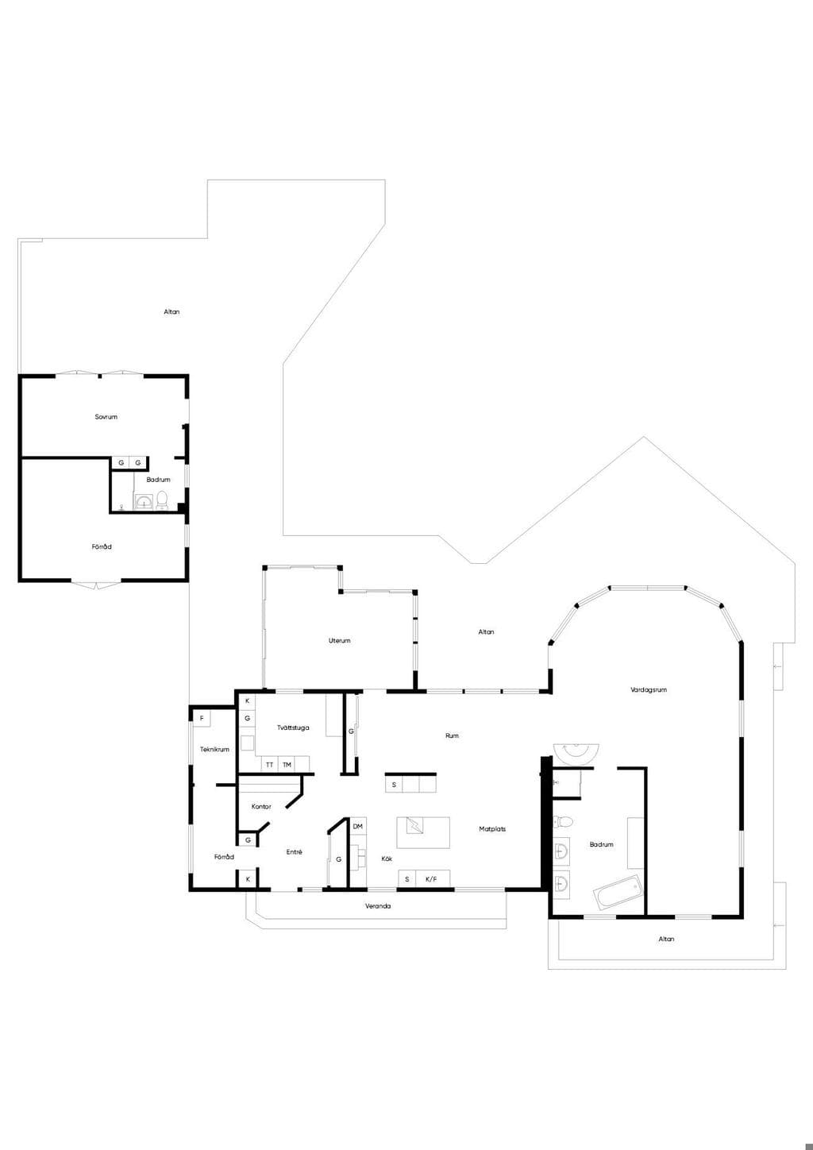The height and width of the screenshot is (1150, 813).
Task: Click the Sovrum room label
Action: (106, 417)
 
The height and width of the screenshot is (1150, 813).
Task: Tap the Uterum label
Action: (339, 641)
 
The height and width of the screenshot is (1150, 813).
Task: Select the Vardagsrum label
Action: (649, 690)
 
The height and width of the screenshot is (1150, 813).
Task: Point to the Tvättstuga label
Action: (293, 727)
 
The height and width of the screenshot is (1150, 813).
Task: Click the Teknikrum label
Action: (214, 750)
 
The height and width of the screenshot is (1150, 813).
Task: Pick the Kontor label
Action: (261, 807)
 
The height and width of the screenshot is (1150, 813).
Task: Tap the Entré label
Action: (294, 851)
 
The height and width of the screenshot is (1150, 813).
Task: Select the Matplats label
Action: (492, 828)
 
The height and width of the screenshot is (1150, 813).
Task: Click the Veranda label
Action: (378, 906)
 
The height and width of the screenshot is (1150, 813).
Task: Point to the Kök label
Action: (387, 859)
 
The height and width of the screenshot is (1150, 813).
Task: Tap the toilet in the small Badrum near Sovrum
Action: (162, 500)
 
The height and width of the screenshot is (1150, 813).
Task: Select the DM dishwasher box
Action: (358, 826)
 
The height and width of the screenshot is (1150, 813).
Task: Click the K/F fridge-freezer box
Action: (432, 879)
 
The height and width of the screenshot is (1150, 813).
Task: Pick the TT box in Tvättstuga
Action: (269, 765)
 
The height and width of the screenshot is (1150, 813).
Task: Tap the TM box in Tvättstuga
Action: (287, 765)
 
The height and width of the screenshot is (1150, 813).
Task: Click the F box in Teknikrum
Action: (202, 718)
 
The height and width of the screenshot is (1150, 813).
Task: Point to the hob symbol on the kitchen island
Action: (414, 825)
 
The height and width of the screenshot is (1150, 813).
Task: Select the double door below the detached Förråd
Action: (96, 585)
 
